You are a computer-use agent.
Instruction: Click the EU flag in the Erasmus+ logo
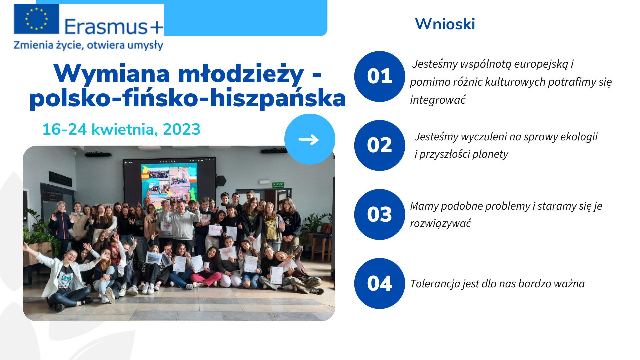point(36,19)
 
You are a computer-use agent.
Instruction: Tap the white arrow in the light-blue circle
point(309,140)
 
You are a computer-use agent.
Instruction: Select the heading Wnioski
point(445,24)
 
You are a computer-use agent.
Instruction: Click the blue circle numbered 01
point(380,76)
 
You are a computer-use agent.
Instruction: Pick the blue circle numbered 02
point(380,145)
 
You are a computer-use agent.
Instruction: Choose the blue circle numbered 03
point(380,214)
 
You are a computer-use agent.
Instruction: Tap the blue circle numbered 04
point(380,283)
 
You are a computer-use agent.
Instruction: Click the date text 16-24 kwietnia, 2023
point(121,129)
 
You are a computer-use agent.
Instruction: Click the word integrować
point(438,100)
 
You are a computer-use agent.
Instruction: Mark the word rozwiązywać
point(440,223)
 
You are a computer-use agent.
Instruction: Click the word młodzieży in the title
point(241,74)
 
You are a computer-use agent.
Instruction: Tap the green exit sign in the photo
point(278,185)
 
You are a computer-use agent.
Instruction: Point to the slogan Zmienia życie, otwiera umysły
point(88,45)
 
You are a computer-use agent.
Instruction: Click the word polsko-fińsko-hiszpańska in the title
point(187,98)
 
